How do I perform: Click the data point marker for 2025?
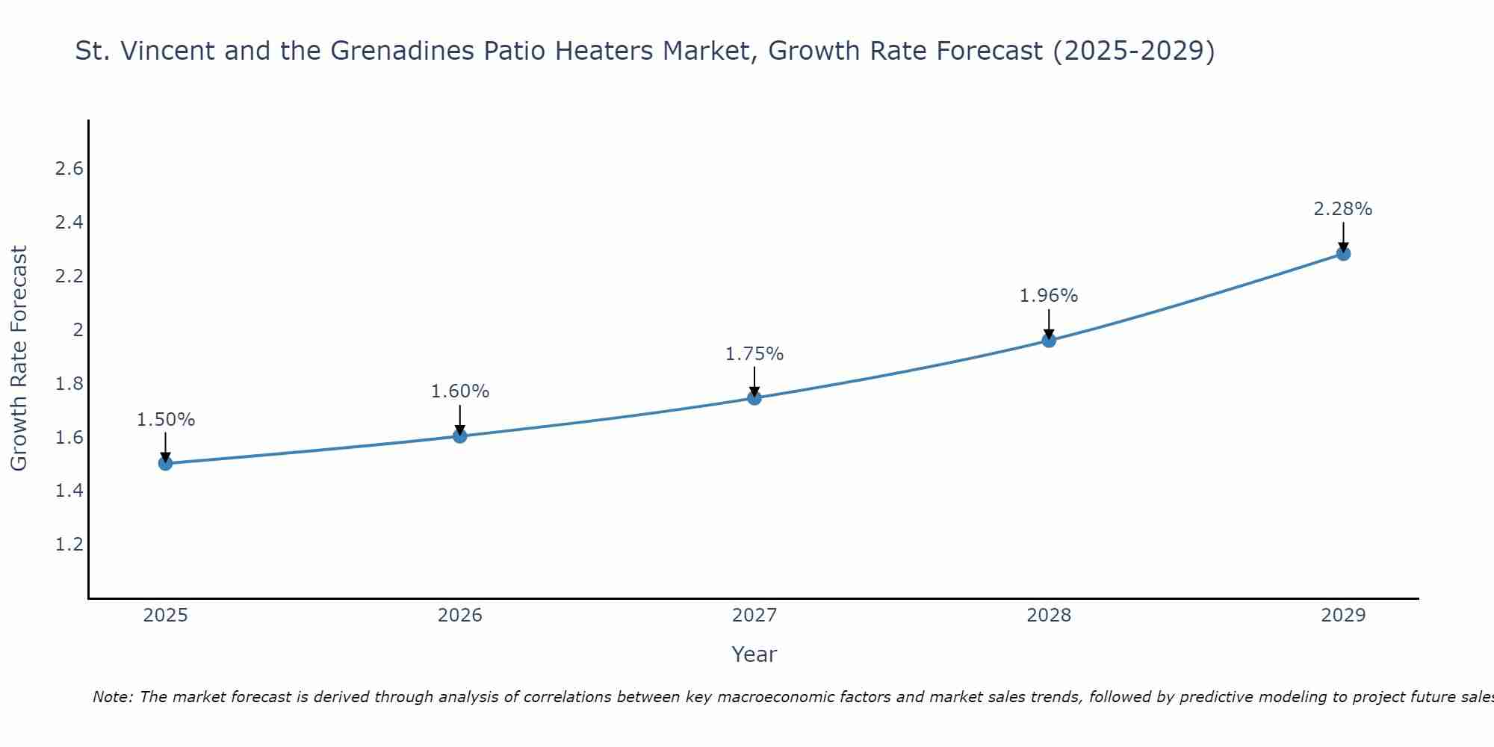tap(165, 463)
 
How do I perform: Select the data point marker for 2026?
tap(459, 436)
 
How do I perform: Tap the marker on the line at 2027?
tap(754, 397)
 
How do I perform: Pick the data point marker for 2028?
tap(1049, 341)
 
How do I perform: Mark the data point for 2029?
tap(1343, 253)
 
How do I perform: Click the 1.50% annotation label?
tap(165, 420)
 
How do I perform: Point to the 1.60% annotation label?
tap(459, 391)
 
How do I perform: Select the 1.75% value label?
tap(754, 354)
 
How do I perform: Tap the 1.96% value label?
tap(1049, 296)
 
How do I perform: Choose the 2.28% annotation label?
tap(1343, 209)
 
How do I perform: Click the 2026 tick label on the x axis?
tap(459, 616)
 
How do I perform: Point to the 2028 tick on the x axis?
tap(1049, 616)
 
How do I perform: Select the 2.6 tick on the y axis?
tap(69, 169)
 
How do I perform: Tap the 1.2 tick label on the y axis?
tap(69, 545)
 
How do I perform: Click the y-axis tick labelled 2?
tap(78, 329)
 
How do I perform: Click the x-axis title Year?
tap(754, 654)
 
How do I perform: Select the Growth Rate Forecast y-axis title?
tap(19, 359)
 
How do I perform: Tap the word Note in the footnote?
tap(112, 697)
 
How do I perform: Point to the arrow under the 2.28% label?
tap(1343, 237)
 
